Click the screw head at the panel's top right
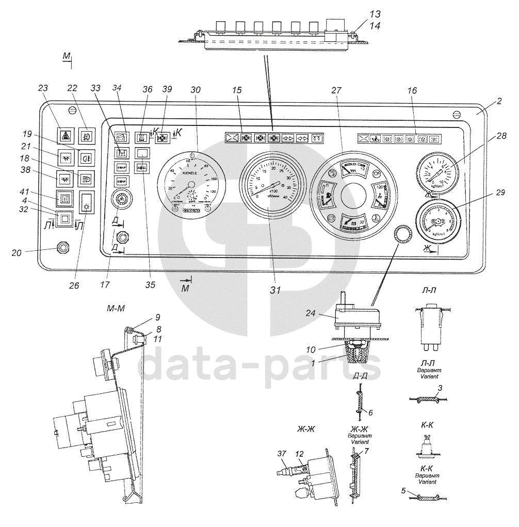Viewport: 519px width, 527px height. point(456,115)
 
